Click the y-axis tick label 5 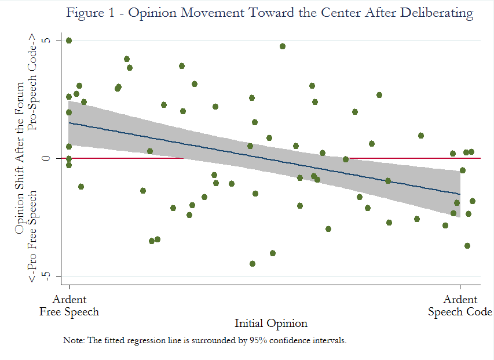48,41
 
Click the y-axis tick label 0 48,158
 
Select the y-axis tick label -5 48,275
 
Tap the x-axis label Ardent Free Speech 69,306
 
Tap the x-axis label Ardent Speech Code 460,306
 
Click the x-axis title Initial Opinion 270,323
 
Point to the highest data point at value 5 69,41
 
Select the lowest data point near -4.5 253,263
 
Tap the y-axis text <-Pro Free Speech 32,237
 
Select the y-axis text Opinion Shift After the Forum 20,158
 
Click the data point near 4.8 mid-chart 283,46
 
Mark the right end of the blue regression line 460,194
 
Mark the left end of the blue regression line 69,123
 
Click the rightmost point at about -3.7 467,246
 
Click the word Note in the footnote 72,340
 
